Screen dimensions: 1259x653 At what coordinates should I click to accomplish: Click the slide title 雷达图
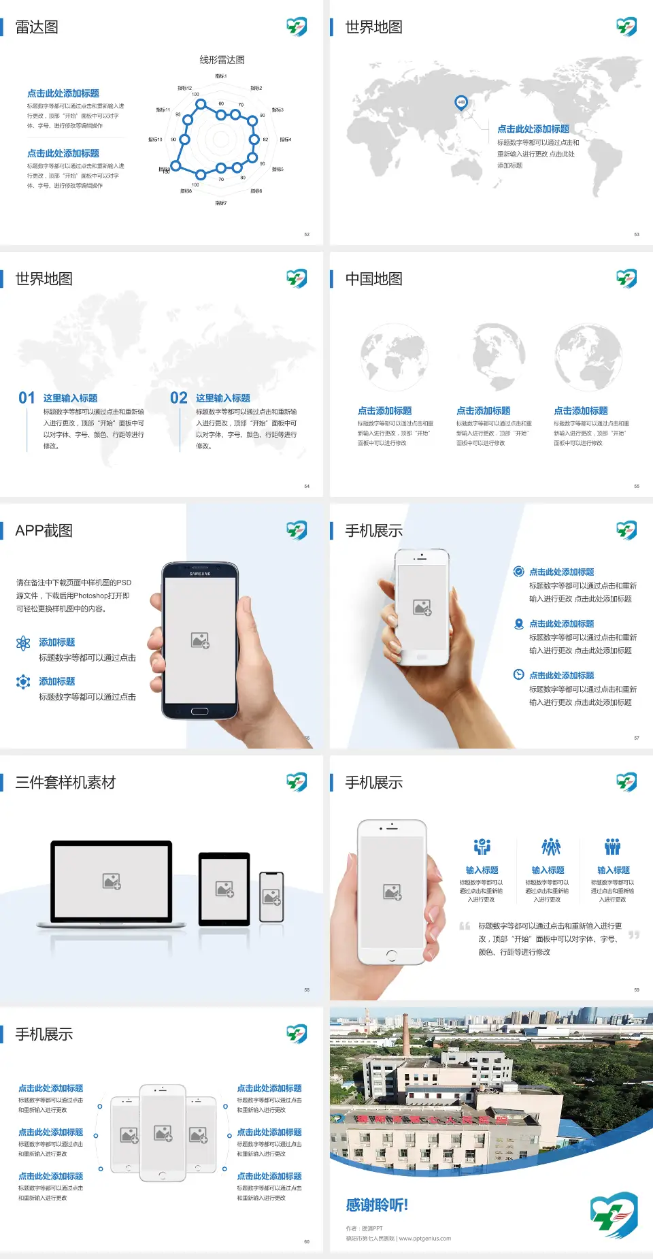click(37, 27)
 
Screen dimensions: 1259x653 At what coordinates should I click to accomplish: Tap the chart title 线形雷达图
click(222, 60)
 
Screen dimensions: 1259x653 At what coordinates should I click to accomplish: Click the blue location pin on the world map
click(461, 103)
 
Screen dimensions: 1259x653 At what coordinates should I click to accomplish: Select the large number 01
click(27, 398)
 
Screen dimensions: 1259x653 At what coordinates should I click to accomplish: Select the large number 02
click(179, 398)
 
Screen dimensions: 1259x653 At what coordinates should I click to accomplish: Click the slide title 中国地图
click(373, 279)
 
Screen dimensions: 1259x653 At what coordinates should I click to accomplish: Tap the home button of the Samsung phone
click(199, 711)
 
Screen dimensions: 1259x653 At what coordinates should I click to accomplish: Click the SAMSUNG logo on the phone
click(200, 574)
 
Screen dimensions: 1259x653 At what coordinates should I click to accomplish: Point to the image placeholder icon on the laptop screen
click(112, 881)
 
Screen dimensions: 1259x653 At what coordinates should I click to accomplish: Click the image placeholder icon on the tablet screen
click(224, 889)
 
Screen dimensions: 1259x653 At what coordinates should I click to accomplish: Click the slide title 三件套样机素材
click(65, 783)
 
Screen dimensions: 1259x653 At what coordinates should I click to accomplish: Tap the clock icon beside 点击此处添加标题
click(518, 674)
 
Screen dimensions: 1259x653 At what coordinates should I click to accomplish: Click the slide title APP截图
click(44, 531)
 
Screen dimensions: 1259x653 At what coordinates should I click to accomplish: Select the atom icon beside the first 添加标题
click(23, 643)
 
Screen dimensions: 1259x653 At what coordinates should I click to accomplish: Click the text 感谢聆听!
click(377, 1205)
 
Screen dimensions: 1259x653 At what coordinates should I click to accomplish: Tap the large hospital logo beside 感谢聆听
click(614, 1215)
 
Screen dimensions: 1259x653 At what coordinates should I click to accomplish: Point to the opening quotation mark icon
click(465, 926)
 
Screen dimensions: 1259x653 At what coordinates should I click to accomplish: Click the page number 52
click(307, 234)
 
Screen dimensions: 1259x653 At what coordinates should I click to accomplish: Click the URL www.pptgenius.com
click(424, 1239)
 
